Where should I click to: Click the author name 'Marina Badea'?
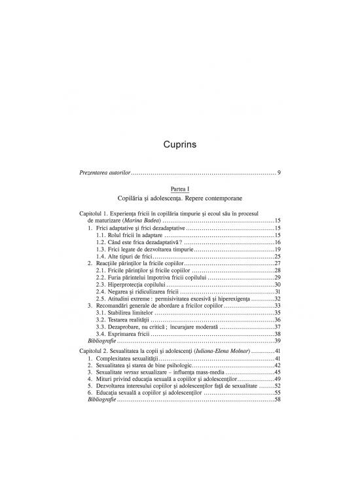coord(150,221)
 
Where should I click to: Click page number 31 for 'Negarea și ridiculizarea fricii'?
coord(278,292)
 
